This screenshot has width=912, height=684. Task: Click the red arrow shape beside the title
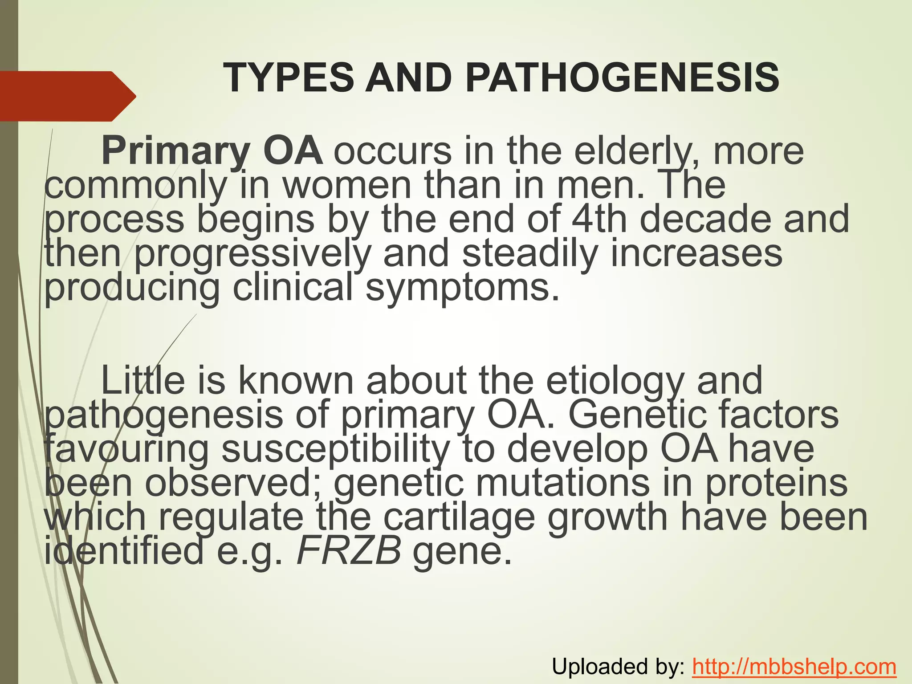tap(67, 96)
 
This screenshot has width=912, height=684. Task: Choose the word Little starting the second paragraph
tap(143, 381)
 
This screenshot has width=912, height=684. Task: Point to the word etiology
tap(615, 381)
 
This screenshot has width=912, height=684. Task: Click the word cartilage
tap(459, 517)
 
